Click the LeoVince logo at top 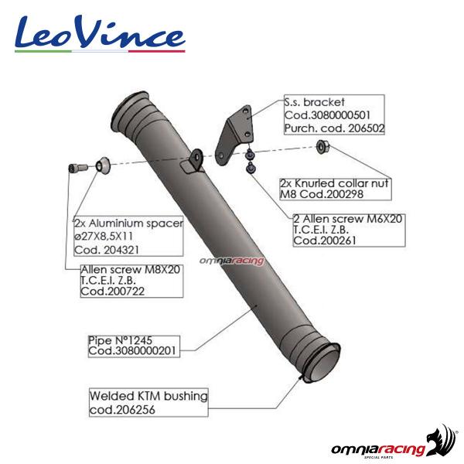(x=100, y=34)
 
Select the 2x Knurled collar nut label (x=336, y=189)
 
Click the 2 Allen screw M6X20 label (x=349, y=230)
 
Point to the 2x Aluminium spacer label (x=128, y=236)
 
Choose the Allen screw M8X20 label (x=131, y=281)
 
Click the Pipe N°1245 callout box (x=134, y=346)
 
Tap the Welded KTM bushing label (x=148, y=403)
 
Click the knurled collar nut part (x=322, y=146)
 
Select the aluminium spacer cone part (x=102, y=165)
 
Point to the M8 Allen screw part (x=78, y=168)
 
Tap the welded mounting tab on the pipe (x=193, y=162)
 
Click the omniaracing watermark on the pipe (x=231, y=261)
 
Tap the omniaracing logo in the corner (x=394, y=443)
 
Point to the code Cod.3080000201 (x=132, y=351)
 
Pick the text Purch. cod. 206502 (x=334, y=128)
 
